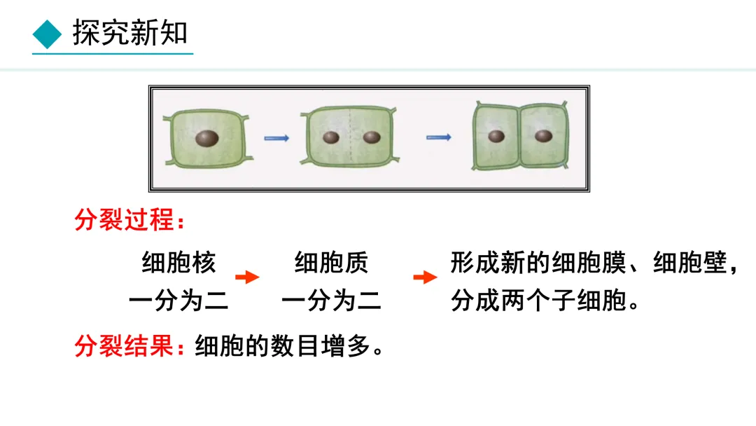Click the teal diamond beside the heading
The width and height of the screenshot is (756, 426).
[48, 34]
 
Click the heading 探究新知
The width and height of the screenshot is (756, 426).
[130, 33]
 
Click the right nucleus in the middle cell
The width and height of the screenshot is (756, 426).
[372, 137]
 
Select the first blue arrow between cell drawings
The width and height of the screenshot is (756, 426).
[276, 138]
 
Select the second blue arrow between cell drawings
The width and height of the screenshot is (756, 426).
[439, 137]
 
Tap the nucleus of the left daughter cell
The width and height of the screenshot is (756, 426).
[496, 137]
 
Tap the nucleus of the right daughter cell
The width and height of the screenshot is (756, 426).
[543, 136]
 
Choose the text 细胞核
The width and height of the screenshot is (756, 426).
[179, 263]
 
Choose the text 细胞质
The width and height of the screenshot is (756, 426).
[331, 263]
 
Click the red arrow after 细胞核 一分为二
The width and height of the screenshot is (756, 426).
[246, 277]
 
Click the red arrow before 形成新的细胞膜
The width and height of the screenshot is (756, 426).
[425, 277]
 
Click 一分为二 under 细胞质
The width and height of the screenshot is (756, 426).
[331, 301]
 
